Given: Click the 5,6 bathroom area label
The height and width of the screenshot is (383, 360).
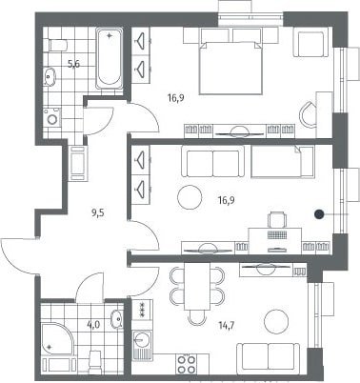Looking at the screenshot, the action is click(x=73, y=65).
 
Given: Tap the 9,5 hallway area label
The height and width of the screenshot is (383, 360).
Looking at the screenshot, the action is click(x=98, y=212).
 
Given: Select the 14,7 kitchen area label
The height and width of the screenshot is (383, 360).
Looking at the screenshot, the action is click(x=227, y=325).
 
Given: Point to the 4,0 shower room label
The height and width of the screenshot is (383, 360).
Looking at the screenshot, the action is click(x=93, y=325).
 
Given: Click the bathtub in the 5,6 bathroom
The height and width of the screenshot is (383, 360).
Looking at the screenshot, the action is click(x=110, y=58).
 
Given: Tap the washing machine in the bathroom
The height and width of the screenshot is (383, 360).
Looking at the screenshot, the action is click(x=52, y=117).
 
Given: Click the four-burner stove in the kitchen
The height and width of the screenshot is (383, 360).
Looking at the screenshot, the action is click(x=187, y=364).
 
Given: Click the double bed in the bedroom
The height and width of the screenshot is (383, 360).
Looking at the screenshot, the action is click(x=230, y=68).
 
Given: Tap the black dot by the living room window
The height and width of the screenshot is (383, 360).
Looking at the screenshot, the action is click(x=319, y=214).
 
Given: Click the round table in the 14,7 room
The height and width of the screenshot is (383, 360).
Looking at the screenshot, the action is click(x=276, y=321).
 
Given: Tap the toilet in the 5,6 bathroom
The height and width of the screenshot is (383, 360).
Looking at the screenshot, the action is click(x=58, y=45).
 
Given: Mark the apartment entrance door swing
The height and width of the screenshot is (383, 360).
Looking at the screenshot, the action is click(x=19, y=256).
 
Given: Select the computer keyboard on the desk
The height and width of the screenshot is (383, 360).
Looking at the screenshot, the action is click(x=277, y=234).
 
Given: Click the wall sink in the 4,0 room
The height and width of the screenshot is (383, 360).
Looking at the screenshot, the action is click(x=116, y=318).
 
